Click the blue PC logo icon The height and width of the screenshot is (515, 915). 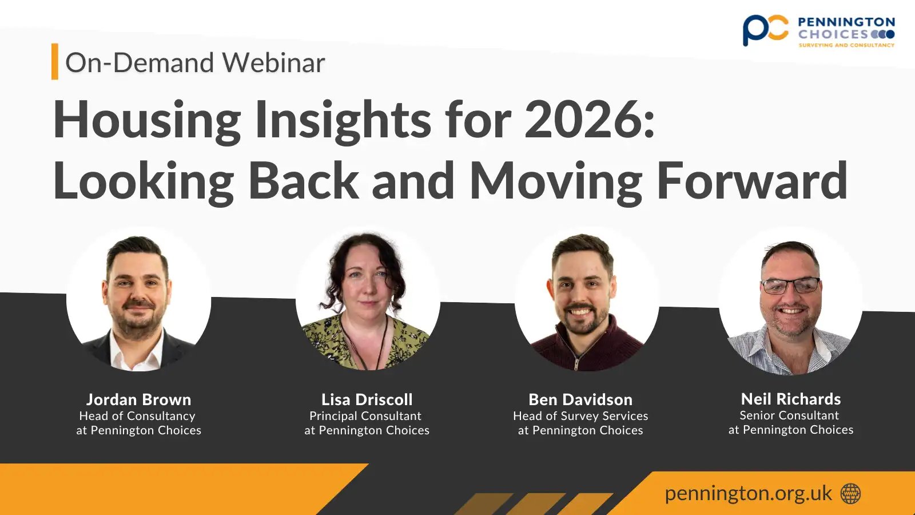[765, 30]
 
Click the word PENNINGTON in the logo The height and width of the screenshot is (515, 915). [846, 22]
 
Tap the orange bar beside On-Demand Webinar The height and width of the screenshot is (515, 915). [55, 61]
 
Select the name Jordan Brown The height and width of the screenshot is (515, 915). [138, 399]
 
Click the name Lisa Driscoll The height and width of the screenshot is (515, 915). [367, 399]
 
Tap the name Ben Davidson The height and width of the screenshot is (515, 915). [580, 399]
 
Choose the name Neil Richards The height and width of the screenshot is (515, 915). [791, 399]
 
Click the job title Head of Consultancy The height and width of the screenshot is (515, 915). [137, 416]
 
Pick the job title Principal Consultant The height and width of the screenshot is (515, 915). [365, 416]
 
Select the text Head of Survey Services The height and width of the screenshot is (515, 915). [580, 416]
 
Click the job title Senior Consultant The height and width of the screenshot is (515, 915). [789, 415]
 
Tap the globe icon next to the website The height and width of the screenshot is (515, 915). [850, 493]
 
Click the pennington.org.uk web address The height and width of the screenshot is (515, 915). [748, 493]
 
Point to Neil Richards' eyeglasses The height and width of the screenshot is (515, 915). [790, 285]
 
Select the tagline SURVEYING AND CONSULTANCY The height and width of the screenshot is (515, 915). [846, 45]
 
